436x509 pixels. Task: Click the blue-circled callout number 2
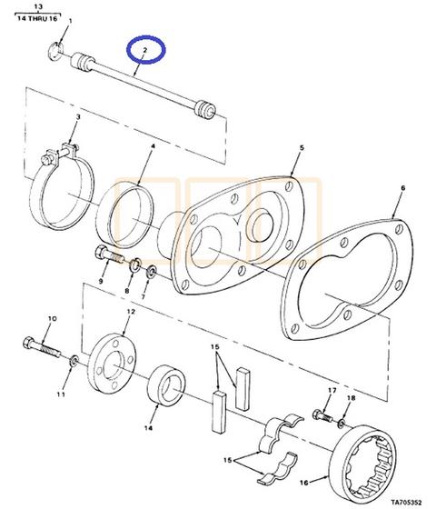pos(144,50)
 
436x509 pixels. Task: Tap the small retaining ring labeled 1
pos(55,52)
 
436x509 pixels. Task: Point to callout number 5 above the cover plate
pos(302,148)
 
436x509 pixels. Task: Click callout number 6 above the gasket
pos(402,188)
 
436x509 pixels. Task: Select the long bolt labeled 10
pos(42,347)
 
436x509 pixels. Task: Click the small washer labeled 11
pos(74,360)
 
